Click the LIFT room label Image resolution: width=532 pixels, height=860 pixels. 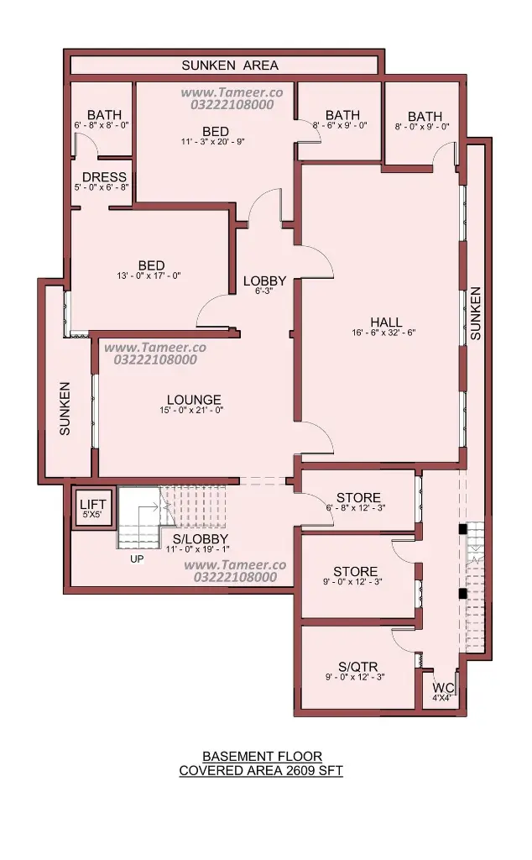tap(92, 505)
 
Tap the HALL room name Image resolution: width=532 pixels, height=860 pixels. tap(386, 322)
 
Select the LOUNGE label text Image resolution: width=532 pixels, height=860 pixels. tap(194, 400)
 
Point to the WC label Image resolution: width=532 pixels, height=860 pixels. tap(443, 688)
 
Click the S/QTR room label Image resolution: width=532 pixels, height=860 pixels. tap(357, 667)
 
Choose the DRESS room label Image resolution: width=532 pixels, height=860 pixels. tap(104, 177)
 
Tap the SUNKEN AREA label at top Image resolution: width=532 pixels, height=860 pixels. tap(230, 66)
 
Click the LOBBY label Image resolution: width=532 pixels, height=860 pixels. tap(264, 281)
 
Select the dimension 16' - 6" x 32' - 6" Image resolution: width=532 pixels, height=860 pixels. tap(383, 333)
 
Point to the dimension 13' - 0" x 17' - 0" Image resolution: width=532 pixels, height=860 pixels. tap(149, 275)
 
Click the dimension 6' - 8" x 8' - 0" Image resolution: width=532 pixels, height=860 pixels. tap(102, 125)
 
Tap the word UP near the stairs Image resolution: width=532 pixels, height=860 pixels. tap(137, 559)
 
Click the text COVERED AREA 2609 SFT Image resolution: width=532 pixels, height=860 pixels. tap(261, 771)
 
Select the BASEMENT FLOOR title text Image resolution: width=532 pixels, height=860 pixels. tap(263, 757)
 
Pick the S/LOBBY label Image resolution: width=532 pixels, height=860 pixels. tap(201, 538)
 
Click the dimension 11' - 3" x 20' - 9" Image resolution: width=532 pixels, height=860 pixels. tap(212, 141)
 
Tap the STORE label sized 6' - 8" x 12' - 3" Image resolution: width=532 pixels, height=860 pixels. tap(359, 497)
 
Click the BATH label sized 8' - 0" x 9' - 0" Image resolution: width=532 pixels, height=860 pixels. tap(425, 116)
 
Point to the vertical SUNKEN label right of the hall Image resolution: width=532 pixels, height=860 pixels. tap(476, 313)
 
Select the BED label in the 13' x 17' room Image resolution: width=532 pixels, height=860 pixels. tap(151, 265)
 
